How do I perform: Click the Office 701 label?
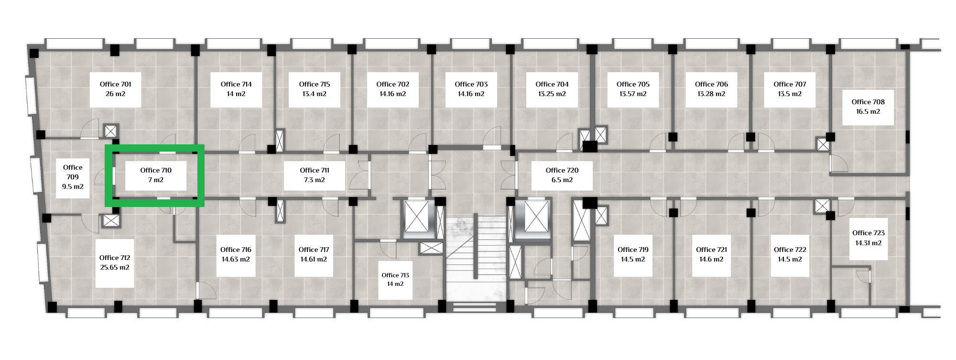click(x=115, y=84)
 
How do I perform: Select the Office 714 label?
click(x=236, y=84)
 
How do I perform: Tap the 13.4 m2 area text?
click(x=315, y=94)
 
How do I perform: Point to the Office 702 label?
click(x=393, y=84)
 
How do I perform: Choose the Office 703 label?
click(x=471, y=84)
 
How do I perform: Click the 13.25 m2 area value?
click(x=552, y=94)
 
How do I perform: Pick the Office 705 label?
click(x=633, y=84)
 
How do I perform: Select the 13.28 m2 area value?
click(x=711, y=94)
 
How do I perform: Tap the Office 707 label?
click(x=790, y=84)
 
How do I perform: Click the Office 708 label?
click(x=868, y=102)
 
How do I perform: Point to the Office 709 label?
click(x=73, y=172)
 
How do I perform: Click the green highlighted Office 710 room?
click(x=155, y=175)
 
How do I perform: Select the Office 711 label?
click(x=315, y=170)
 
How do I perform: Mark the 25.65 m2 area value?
click(x=115, y=267)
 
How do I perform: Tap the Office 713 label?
click(x=395, y=275)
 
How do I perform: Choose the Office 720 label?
click(x=562, y=170)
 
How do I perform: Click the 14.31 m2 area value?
click(x=869, y=243)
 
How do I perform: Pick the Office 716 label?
click(x=236, y=250)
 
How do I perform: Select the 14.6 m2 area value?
click(x=711, y=259)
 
